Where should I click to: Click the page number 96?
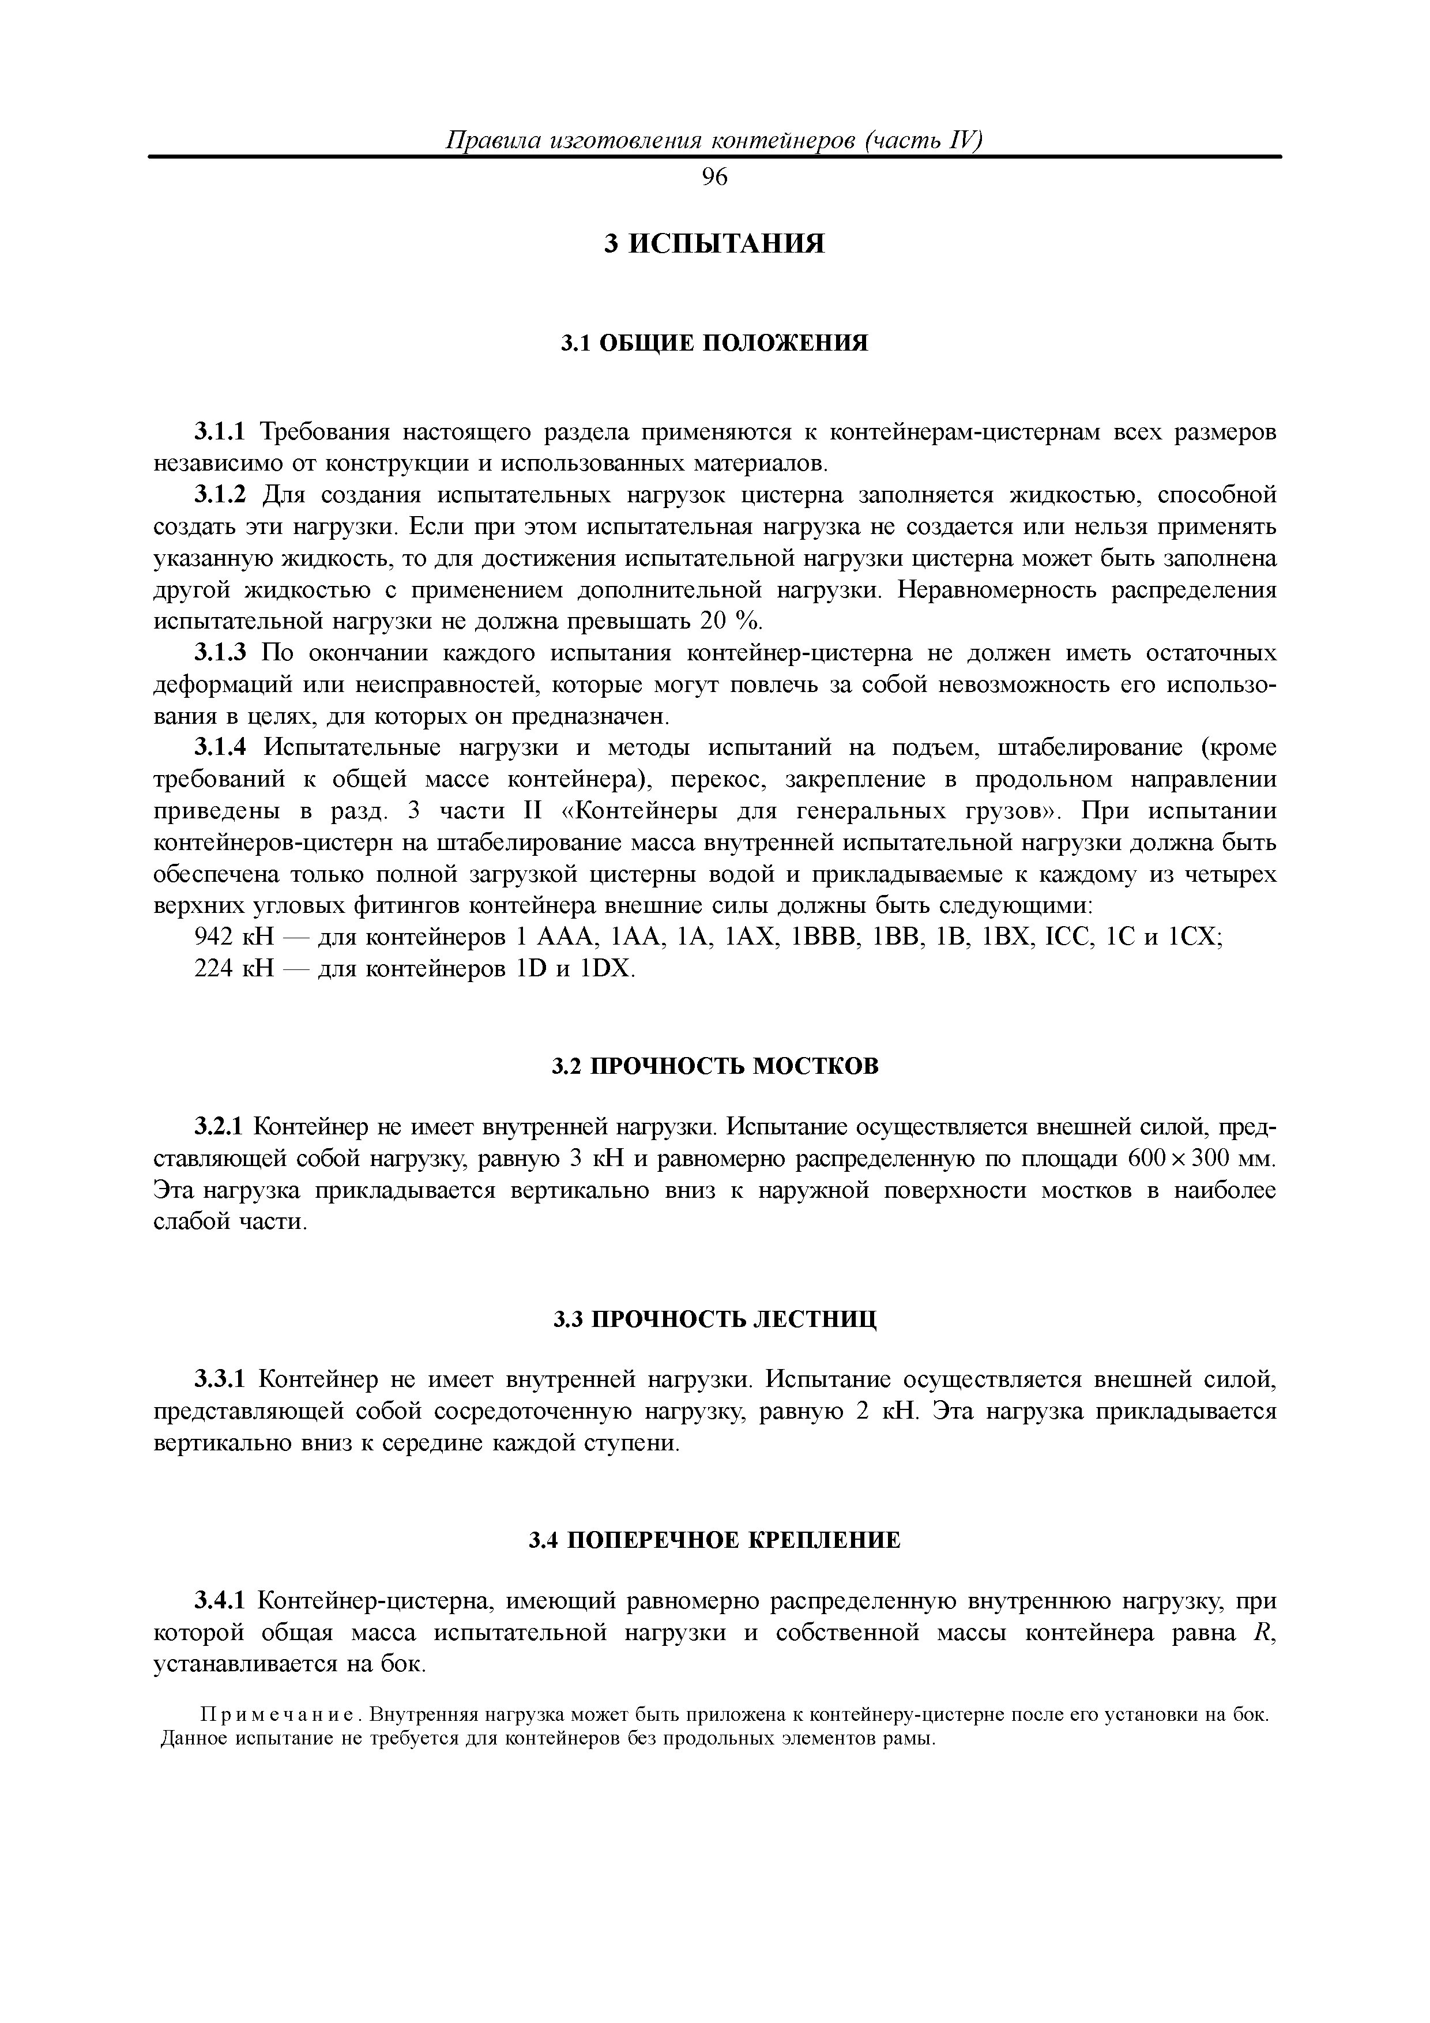(x=714, y=178)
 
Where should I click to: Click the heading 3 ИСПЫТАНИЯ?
(x=714, y=244)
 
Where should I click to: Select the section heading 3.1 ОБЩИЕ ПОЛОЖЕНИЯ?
(x=714, y=343)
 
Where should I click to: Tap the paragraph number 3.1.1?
(x=223, y=432)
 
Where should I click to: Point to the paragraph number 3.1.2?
(x=223, y=495)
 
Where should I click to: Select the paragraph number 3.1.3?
(x=223, y=653)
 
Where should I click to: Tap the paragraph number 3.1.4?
(x=223, y=748)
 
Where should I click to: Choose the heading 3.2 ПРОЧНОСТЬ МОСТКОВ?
(x=714, y=1067)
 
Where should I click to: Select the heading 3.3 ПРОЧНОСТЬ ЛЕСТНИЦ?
(x=714, y=1320)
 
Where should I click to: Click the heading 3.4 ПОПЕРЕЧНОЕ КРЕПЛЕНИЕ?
(x=714, y=1541)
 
